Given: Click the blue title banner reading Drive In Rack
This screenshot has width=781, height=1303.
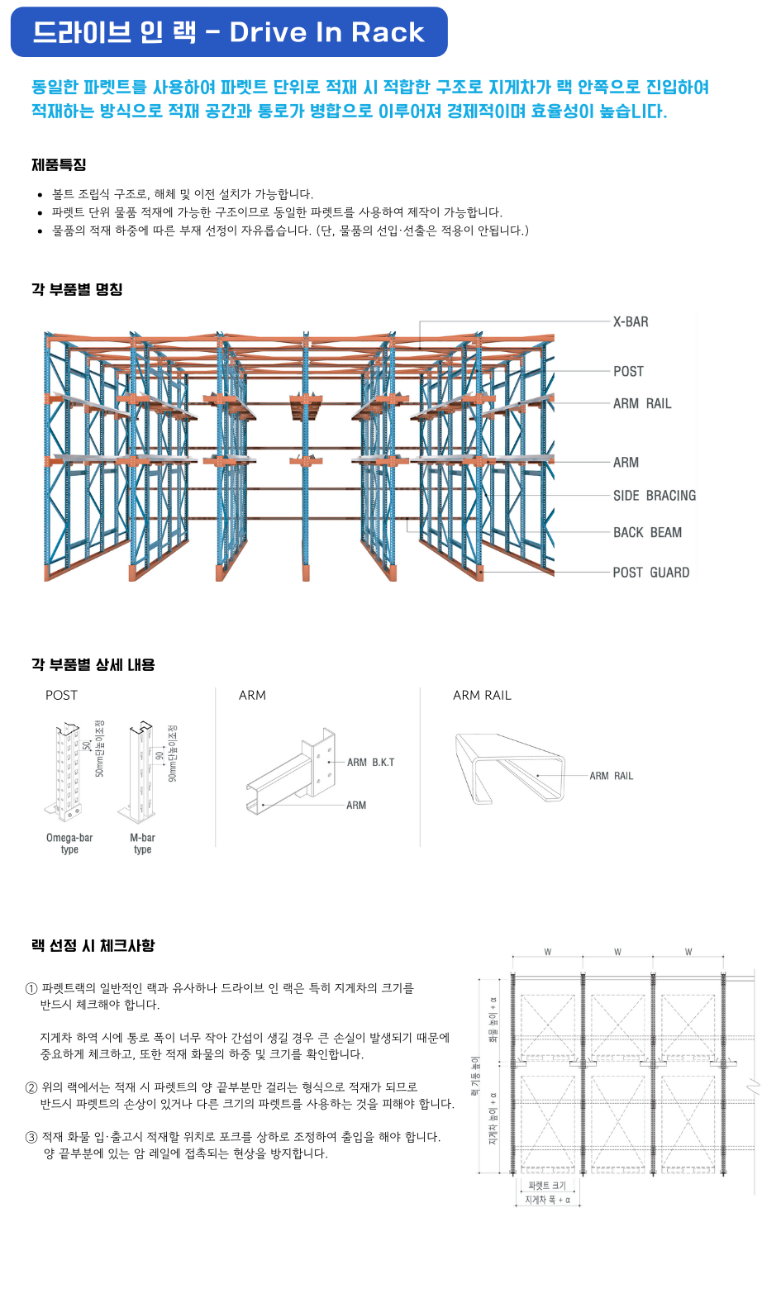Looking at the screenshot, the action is [228, 32].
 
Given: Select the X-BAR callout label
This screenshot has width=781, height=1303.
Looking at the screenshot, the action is [631, 322].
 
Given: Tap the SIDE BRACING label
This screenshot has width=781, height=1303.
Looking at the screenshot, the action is [654, 496].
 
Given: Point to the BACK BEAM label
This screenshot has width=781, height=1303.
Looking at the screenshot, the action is [647, 533].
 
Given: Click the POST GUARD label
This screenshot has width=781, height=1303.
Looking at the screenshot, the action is [650, 573].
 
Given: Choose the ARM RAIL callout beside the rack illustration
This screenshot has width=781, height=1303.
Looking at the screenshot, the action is [642, 404].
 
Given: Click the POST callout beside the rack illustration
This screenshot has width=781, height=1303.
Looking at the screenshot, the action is [628, 372].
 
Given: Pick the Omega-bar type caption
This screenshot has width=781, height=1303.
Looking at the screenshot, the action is [69, 844].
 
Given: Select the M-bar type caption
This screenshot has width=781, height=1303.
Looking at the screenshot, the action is [142, 844].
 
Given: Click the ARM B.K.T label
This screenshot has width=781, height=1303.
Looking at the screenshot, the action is [370, 763].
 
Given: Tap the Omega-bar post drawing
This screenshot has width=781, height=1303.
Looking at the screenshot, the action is [69, 773].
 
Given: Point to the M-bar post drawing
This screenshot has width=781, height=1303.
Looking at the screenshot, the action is [142, 773].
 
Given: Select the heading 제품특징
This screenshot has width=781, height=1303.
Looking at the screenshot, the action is [59, 165].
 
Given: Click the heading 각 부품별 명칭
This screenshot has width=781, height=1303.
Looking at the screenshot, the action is [77, 289].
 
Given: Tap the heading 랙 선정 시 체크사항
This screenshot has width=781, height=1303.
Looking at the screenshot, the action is [93, 945].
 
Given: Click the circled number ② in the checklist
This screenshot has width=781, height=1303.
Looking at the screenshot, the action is [31, 1087].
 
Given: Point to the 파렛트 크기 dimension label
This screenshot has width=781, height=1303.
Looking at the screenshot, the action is [547, 1186].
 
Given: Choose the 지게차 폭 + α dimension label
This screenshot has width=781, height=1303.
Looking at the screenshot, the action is [547, 1200].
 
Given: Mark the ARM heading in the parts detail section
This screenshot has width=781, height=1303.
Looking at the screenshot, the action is [252, 696].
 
